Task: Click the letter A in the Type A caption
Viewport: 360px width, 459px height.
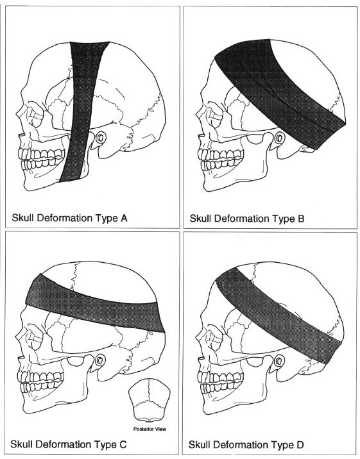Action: coord(124,218)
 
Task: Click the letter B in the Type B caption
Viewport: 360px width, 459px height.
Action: coord(301,219)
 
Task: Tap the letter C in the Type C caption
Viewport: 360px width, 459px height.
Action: coord(123,444)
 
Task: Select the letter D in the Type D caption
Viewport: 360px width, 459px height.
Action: coord(300,445)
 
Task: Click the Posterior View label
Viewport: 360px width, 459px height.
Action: coord(150,429)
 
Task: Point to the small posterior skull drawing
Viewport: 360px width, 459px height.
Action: coord(150,400)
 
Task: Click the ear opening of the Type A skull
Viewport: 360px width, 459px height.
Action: coord(101,137)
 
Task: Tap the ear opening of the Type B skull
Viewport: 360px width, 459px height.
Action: coord(279,137)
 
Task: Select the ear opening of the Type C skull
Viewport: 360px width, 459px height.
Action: coord(100,360)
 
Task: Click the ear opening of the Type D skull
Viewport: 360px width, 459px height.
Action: coord(279,360)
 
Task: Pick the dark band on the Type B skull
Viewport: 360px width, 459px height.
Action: coord(279,91)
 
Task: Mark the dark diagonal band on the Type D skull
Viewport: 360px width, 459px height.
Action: coord(279,315)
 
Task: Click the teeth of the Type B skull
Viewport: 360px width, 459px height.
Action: coord(220,159)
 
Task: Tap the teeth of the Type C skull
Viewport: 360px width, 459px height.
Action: coord(42,381)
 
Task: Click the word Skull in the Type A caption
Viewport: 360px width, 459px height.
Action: coord(23,218)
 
